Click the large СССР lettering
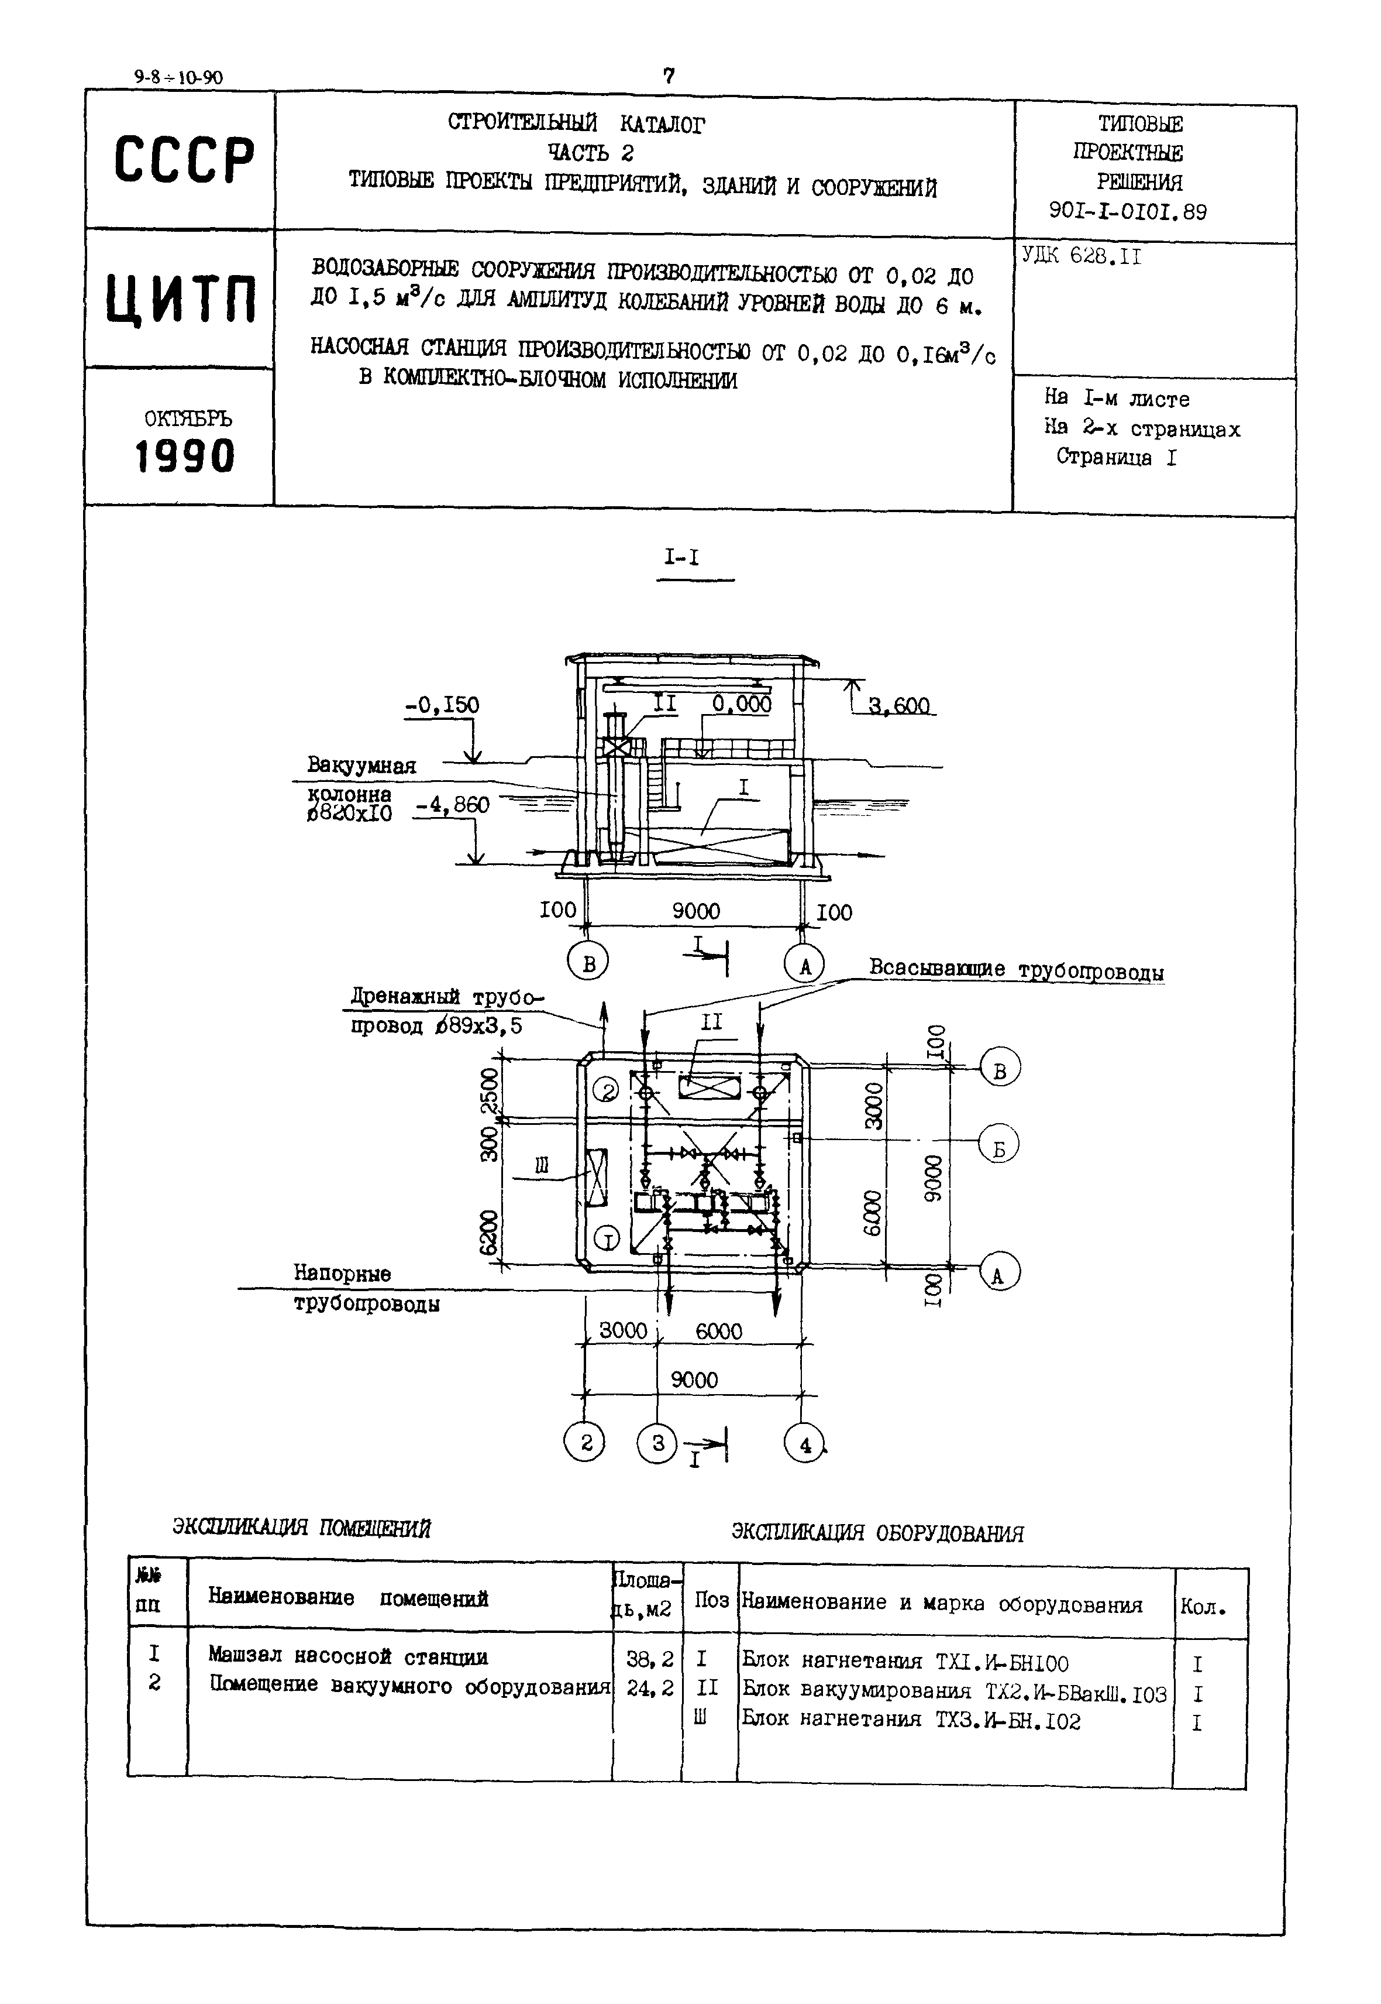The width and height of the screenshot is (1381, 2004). tap(184, 160)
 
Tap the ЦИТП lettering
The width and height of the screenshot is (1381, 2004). tap(182, 298)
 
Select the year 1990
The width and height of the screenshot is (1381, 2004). tap(185, 456)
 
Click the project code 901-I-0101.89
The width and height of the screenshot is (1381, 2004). tap(1128, 212)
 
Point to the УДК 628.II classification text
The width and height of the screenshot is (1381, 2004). tap(1081, 256)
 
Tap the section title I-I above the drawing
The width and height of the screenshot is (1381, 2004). tap(682, 558)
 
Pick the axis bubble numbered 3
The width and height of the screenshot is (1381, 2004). tap(657, 1443)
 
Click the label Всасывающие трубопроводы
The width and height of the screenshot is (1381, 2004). tap(1016, 970)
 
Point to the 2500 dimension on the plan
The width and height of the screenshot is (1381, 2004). tap(490, 1093)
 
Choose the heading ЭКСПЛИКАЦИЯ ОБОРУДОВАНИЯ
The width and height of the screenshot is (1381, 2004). tap(877, 1533)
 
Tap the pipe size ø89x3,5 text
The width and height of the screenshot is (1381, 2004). tap(480, 1027)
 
